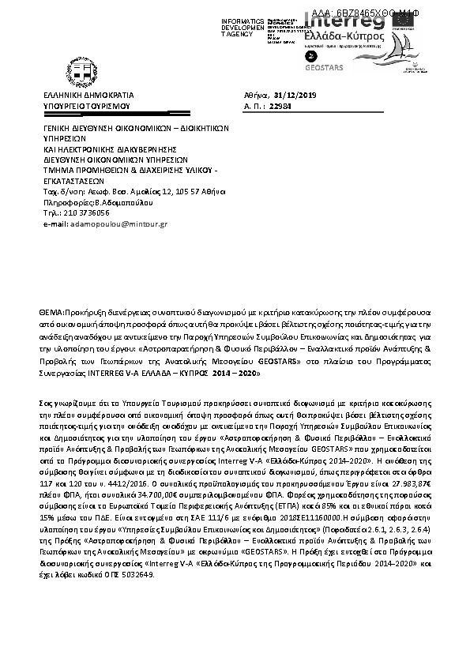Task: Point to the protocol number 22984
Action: click(282, 103)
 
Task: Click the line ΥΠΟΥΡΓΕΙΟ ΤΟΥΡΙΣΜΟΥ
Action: click(86, 104)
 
